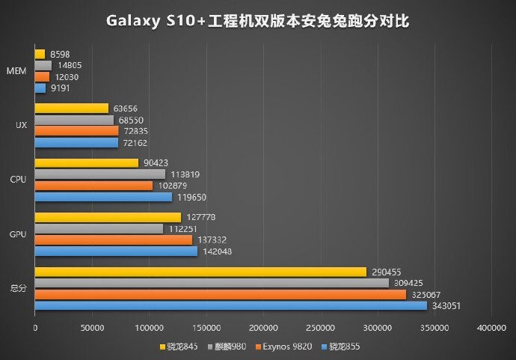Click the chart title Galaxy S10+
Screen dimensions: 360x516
[257, 21]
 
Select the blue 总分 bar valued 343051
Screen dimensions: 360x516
[230, 305]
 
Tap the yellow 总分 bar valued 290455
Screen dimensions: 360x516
[200, 272]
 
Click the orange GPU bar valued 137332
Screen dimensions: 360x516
[113, 240]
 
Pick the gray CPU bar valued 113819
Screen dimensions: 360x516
[99, 174]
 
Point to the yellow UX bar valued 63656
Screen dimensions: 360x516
[71, 109]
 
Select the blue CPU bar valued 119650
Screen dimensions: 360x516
[103, 197]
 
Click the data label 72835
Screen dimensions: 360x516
[139, 131]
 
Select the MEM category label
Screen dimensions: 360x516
[19, 71]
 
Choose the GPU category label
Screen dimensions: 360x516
[19, 234]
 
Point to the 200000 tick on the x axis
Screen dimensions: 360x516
[263, 328]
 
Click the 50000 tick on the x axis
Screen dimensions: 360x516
[92, 328]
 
